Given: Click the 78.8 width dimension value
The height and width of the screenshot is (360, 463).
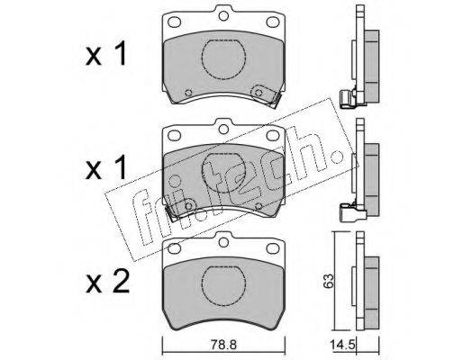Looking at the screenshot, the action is [x=223, y=345].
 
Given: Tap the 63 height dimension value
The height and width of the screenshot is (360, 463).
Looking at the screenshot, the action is [x=329, y=281].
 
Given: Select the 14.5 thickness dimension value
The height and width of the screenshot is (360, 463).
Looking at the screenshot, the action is [x=342, y=344].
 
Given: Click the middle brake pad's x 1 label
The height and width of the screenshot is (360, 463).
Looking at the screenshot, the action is [x=105, y=168].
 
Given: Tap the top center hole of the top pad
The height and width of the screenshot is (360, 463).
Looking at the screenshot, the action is [x=223, y=15].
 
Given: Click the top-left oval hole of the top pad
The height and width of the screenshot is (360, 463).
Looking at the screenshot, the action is [x=174, y=22].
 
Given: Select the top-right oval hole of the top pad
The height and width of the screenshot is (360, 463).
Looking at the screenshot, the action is [x=273, y=22].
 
